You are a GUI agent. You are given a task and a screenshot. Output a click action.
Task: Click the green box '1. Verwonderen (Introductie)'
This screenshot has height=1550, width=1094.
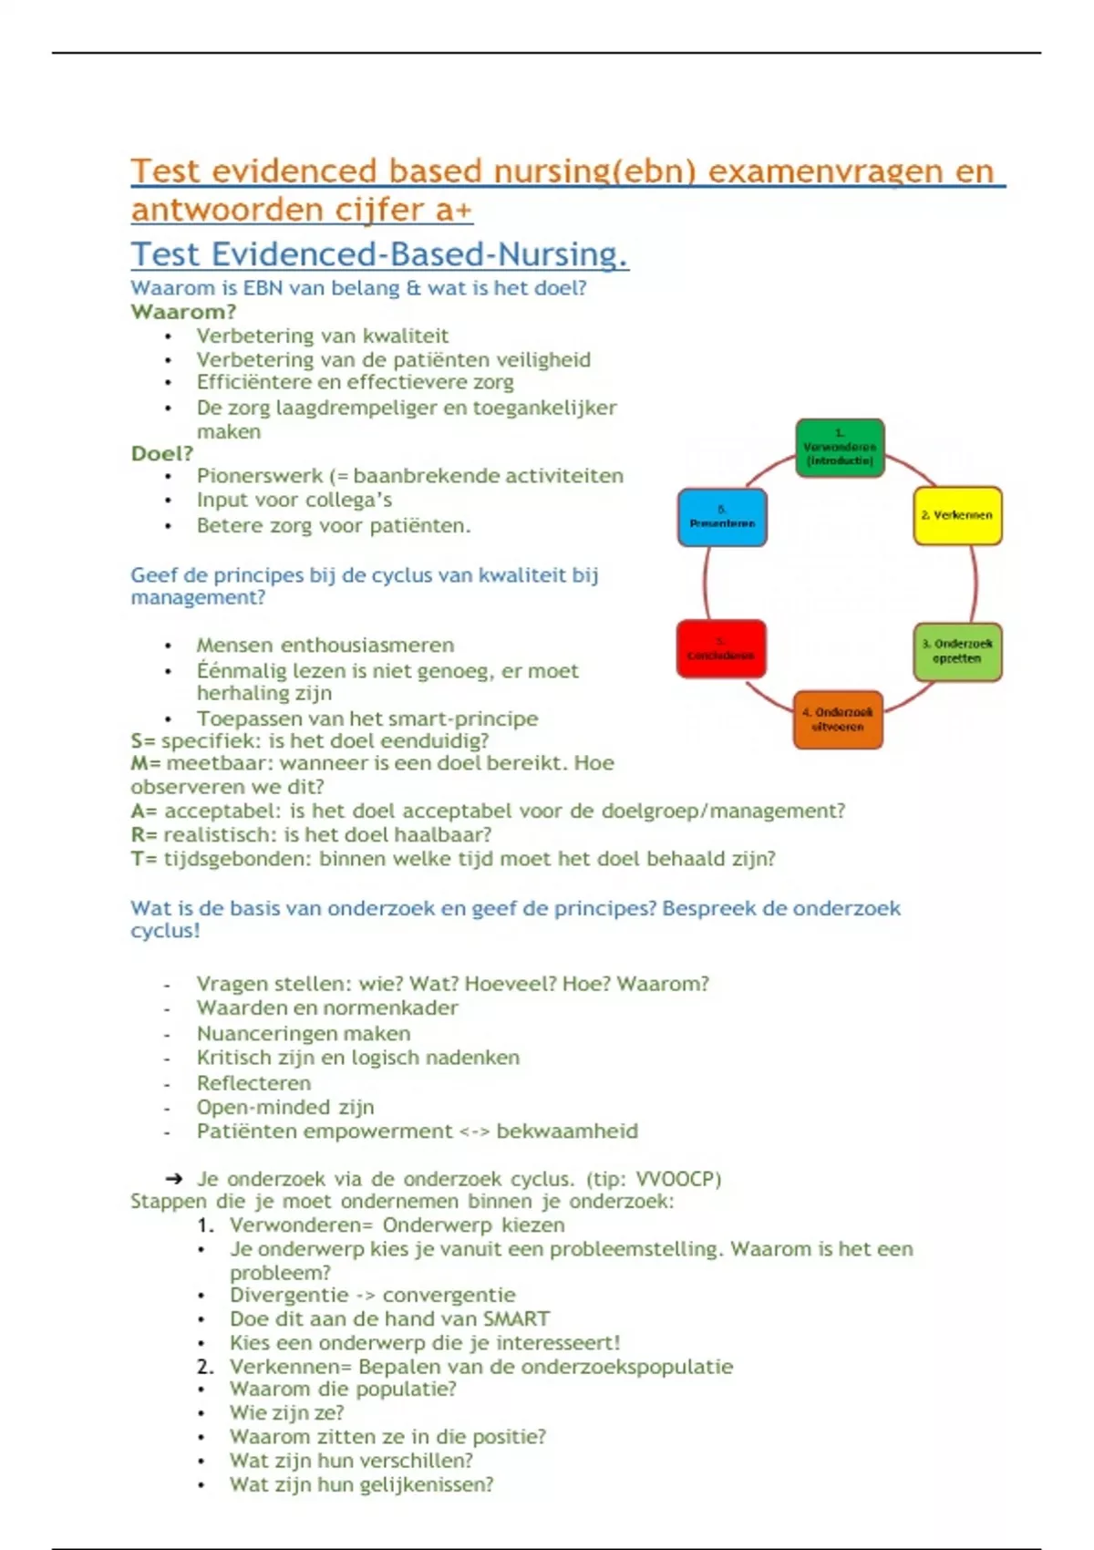(x=840, y=448)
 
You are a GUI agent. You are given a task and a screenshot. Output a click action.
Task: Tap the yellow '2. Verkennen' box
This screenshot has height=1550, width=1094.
(x=957, y=516)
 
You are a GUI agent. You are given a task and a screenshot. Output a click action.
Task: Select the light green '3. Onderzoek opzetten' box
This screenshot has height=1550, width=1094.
(x=957, y=651)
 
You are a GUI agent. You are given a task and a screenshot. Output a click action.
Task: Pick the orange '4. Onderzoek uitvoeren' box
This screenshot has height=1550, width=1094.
(x=838, y=719)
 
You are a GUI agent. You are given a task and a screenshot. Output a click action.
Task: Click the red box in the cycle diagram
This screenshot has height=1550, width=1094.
(x=721, y=649)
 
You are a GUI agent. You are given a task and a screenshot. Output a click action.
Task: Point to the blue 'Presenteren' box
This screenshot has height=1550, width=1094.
(x=722, y=518)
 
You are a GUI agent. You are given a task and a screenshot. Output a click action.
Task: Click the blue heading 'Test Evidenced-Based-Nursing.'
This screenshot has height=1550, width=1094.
(x=379, y=254)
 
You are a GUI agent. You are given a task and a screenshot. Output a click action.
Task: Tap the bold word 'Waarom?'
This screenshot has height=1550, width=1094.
(x=183, y=312)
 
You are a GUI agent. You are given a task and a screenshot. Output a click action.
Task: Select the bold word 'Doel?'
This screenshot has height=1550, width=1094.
(x=162, y=454)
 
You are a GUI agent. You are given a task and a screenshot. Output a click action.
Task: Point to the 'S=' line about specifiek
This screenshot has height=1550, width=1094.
(x=310, y=741)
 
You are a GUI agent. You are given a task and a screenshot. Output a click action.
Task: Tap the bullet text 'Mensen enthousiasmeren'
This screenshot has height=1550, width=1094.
(x=325, y=646)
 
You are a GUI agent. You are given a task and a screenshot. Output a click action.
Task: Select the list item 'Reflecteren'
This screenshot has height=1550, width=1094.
(x=253, y=1083)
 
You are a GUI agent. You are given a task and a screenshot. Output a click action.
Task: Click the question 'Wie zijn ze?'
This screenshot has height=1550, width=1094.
(x=286, y=1413)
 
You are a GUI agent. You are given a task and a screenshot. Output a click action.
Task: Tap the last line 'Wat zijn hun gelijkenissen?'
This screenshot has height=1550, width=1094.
(x=361, y=1484)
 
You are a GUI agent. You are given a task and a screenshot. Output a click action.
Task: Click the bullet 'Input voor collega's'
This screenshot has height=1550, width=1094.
(x=294, y=501)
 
